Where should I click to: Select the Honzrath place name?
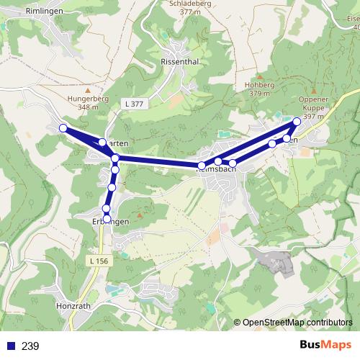(73, 306)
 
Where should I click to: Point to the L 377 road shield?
(133, 104)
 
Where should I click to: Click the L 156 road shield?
(100, 260)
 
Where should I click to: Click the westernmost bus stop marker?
(63, 128)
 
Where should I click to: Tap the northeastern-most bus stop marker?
(297, 121)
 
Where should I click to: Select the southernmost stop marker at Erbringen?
(107, 218)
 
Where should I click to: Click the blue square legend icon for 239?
(9, 346)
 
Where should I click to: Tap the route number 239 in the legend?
(30, 346)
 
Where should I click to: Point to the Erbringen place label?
(110, 222)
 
